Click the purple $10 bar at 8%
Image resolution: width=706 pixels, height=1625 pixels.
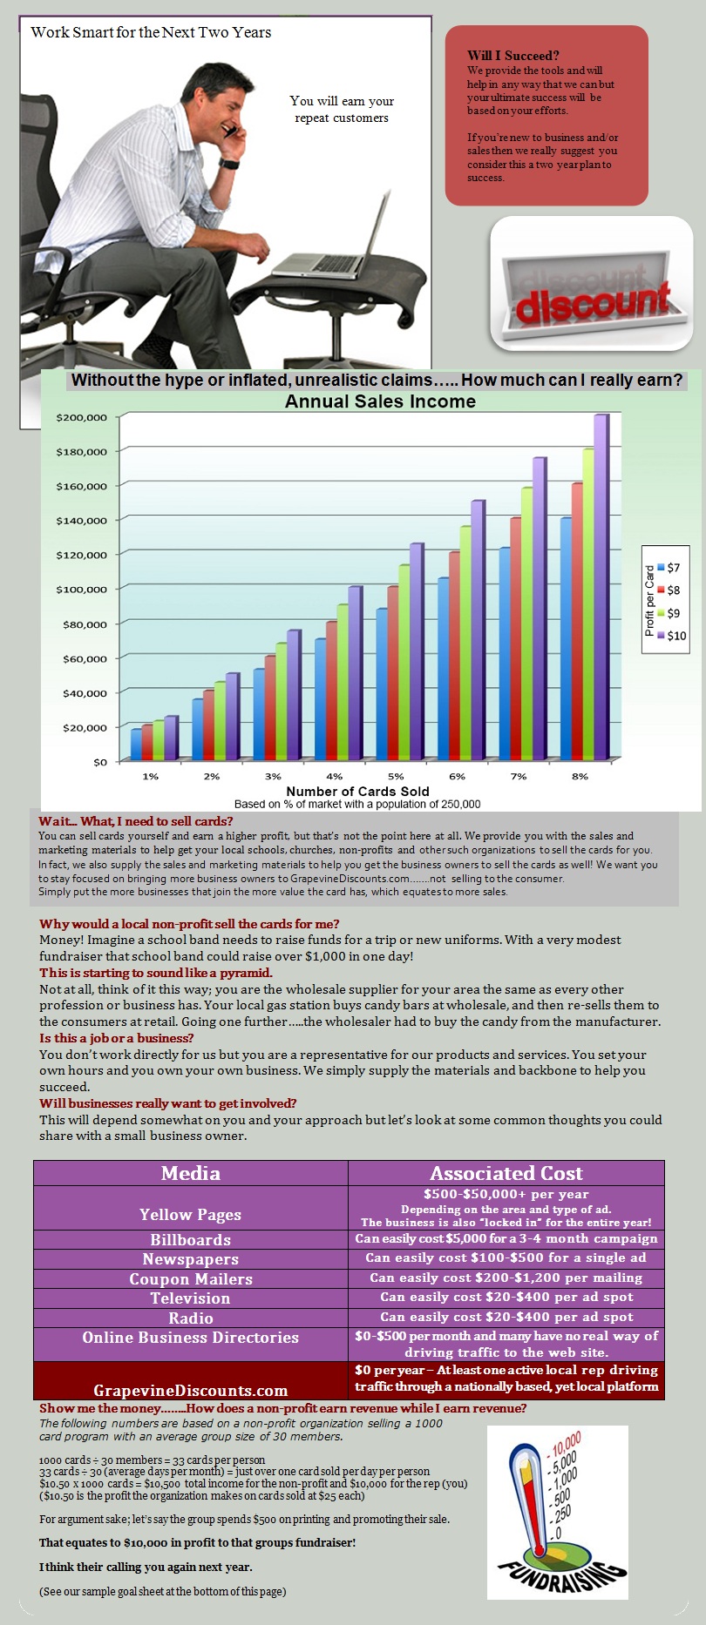(x=601, y=587)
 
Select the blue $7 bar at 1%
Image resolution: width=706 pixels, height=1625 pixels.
(x=136, y=745)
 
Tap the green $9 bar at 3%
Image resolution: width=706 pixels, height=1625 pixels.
(x=281, y=702)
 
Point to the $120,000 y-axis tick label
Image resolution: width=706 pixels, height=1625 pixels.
(x=82, y=555)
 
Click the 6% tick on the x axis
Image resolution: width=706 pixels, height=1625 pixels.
(x=457, y=776)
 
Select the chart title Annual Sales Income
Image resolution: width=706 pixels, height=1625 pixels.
(x=381, y=401)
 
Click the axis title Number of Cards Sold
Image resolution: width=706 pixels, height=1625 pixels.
(x=358, y=792)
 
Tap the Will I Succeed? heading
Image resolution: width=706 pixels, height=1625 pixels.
(x=513, y=56)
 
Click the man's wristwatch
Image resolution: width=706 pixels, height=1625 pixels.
(x=229, y=163)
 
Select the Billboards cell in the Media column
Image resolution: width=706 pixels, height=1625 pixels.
(x=191, y=1239)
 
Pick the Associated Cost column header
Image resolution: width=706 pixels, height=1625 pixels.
(x=506, y=1173)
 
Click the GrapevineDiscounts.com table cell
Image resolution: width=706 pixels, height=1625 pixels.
(x=191, y=1391)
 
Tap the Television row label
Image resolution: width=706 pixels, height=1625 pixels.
(x=191, y=1298)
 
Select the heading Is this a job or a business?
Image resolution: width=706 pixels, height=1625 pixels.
(x=117, y=1038)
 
